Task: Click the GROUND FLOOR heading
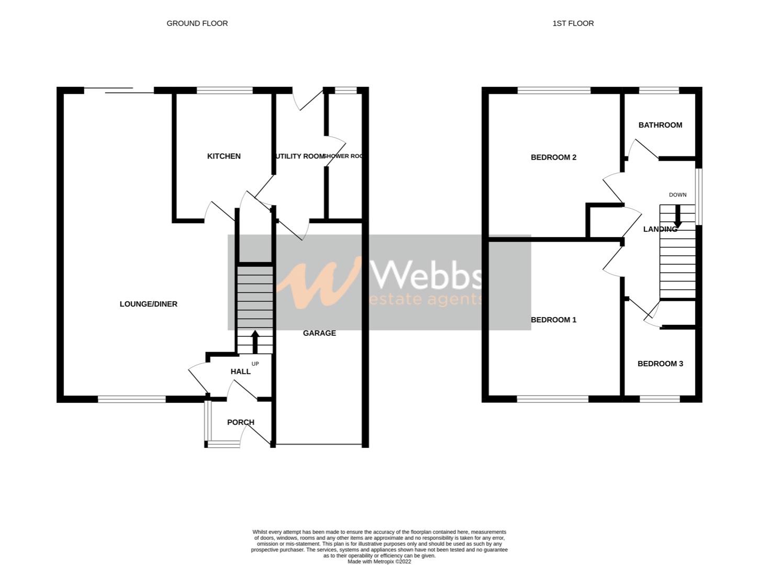(x=197, y=23)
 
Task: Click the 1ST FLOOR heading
(x=573, y=23)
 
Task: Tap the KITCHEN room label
(x=224, y=156)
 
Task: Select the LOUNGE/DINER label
(x=149, y=304)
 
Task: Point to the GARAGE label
(x=319, y=333)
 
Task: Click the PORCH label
(x=241, y=422)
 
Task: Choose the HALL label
(x=241, y=371)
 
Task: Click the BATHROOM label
(x=660, y=125)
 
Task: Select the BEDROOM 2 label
(x=553, y=157)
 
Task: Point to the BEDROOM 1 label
(x=553, y=320)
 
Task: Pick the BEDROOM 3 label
(x=660, y=364)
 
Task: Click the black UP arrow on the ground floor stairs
(x=255, y=342)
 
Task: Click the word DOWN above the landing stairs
(x=677, y=195)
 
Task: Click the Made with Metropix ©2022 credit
(x=379, y=561)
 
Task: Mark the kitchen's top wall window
(x=225, y=91)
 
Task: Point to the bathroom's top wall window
(x=659, y=91)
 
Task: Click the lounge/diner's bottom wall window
(x=131, y=399)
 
